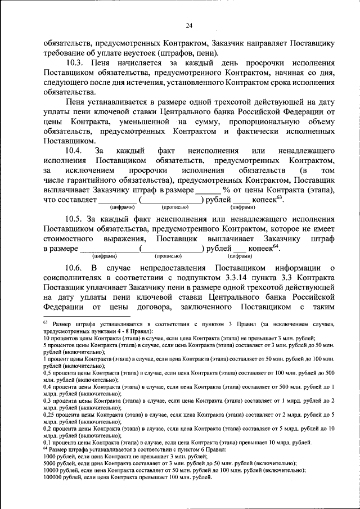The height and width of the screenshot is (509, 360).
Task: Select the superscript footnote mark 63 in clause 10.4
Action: click(279, 197)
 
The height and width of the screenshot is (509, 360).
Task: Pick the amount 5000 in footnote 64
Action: click(51, 463)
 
